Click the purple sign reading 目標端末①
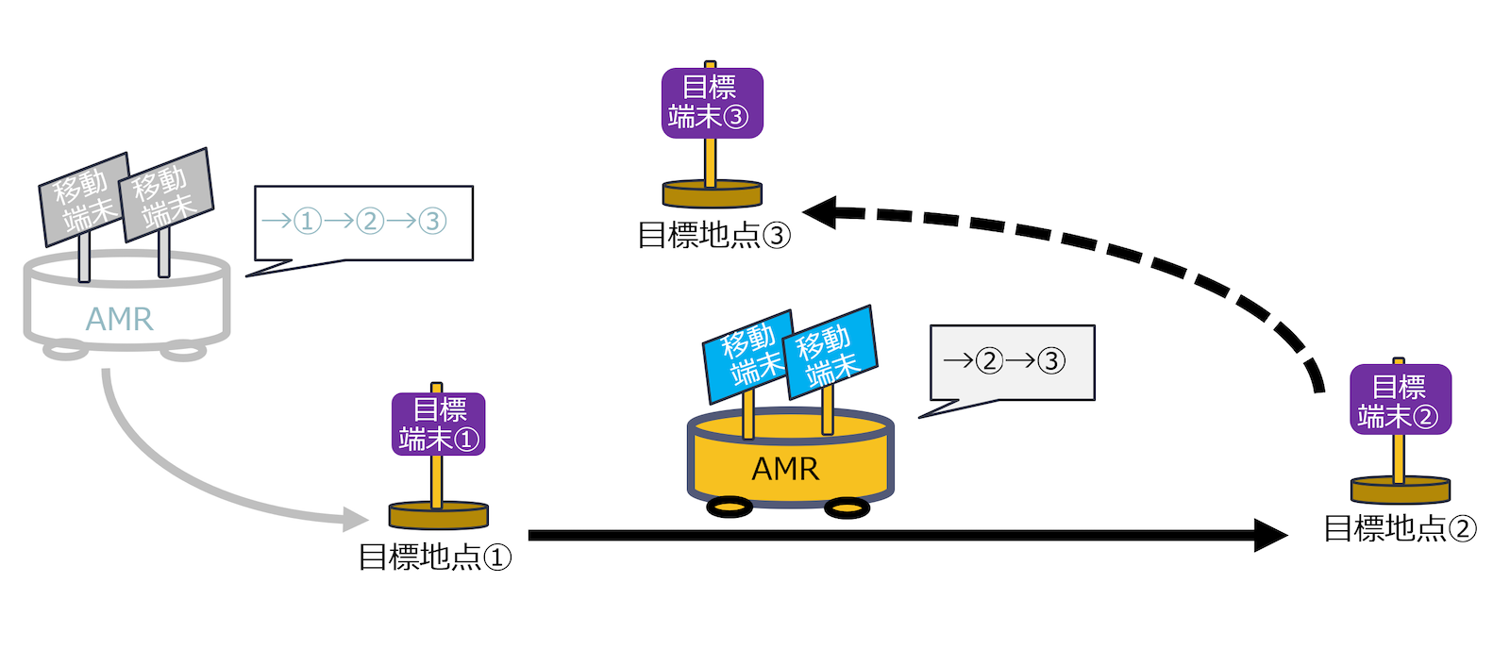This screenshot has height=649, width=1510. (x=439, y=424)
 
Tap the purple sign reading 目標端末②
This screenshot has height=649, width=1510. (x=1400, y=400)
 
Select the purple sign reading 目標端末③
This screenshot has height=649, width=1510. (x=712, y=103)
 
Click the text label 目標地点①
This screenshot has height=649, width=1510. (x=434, y=557)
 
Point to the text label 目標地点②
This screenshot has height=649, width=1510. (x=1400, y=528)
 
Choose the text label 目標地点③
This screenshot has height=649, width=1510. (x=713, y=235)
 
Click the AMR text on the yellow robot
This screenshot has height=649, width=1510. (x=785, y=469)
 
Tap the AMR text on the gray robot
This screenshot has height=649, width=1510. (x=119, y=319)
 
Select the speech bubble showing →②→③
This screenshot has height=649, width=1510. (x=1011, y=362)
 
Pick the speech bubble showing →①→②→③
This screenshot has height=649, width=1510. (x=362, y=223)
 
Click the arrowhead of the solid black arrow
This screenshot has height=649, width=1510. (x=1272, y=535)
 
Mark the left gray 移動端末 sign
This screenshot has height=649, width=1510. (x=83, y=199)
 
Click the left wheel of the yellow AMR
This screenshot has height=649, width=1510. (x=730, y=508)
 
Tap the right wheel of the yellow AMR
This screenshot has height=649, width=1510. (x=847, y=509)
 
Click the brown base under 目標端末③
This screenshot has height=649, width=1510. (x=712, y=194)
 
